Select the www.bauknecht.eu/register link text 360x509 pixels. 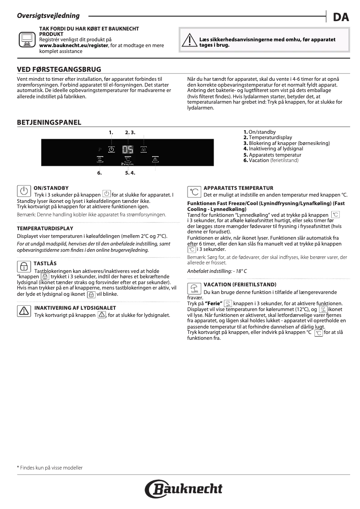(x=74, y=46)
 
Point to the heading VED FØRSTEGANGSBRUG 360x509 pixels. (x=59, y=70)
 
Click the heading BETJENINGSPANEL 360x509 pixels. (x=49, y=122)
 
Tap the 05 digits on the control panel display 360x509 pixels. (x=128, y=150)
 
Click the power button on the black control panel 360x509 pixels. (x=111, y=150)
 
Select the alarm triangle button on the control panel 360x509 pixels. (x=155, y=159)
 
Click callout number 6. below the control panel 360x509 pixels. (x=100, y=172)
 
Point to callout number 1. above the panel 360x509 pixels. (x=111, y=132)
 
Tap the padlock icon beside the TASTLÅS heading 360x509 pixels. (x=22, y=266)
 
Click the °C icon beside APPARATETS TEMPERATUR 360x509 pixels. (x=194, y=192)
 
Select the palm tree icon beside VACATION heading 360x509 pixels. (x=194, y=288)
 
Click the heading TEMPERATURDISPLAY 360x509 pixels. (x=45, y=228)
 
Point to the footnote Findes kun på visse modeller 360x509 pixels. (x=50, y=468)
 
